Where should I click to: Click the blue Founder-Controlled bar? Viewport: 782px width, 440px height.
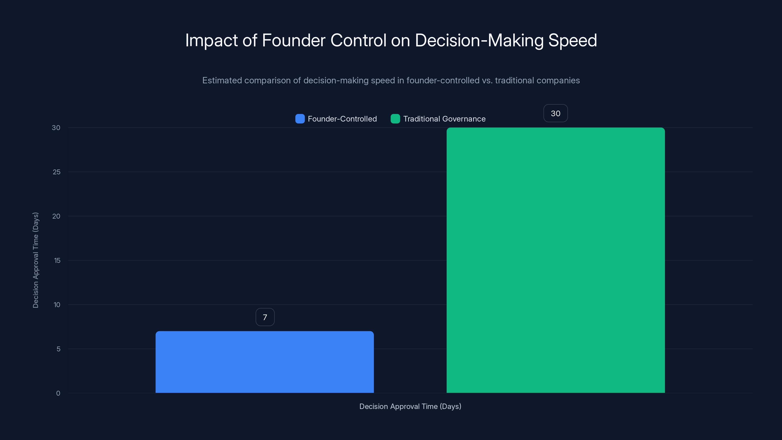click(x=264, y=362)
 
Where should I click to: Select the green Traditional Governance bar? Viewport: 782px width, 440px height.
click(x=555, y=260)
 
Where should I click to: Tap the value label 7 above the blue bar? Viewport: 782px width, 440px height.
click(x=265, y=317)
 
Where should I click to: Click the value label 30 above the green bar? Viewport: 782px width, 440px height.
click(x=555, y=113)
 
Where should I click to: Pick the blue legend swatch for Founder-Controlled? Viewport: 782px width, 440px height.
click(x=300, y=119)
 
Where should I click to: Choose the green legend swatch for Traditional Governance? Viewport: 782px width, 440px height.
click(x=395, y=119)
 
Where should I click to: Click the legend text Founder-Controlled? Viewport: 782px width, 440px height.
click(x=342, y=119)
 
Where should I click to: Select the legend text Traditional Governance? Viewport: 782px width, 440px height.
click(x=444, y=119)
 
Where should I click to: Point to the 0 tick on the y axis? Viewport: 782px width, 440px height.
click(x=58, y=393)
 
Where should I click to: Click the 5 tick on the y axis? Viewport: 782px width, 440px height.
click(x=58, y=349)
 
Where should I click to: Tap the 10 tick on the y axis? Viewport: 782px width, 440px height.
click(x=57, y=305)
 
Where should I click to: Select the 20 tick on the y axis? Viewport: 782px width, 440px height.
click(x=56, y=216)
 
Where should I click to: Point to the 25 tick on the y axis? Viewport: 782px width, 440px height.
click(x=56, y=172)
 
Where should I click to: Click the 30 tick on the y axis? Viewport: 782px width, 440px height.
click(x=56, y=128)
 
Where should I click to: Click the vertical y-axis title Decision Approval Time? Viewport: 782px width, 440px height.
click(x=35, y=260)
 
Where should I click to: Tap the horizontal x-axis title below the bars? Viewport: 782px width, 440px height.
click(x=410, y=406)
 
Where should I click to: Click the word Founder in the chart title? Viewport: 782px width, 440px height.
click(x=293, y=40)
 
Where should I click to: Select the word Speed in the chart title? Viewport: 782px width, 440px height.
click(x=573, y=40)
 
